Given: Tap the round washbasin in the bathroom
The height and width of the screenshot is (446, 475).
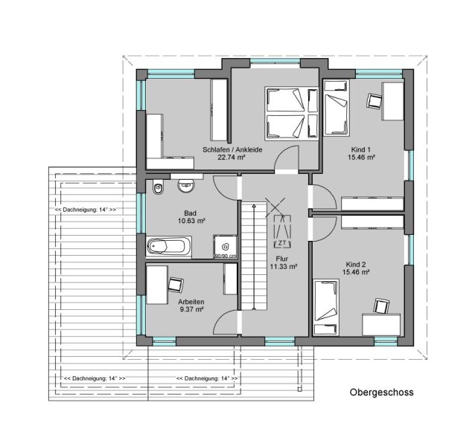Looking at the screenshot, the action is (185, 186).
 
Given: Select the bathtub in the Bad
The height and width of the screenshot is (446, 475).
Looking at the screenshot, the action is (169, 246).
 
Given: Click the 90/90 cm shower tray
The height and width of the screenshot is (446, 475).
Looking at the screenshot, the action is (225, 247).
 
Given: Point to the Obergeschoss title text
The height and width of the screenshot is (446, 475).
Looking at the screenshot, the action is (381, 392).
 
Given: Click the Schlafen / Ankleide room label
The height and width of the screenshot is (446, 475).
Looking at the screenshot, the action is (232, 149).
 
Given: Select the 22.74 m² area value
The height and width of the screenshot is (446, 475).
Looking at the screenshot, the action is (231, 158).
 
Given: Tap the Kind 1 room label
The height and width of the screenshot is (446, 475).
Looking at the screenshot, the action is (361, 149).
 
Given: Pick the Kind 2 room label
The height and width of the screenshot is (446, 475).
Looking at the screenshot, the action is (356, 265).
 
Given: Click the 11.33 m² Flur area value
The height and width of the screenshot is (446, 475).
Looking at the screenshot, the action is (283, 266).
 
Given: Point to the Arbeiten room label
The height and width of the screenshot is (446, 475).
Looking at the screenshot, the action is (191, 302).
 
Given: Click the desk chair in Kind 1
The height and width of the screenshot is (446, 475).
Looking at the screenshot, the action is (374, 100).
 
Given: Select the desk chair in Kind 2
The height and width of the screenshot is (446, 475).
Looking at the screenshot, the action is (382, 306).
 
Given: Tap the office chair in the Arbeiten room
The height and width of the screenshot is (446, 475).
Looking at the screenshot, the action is (176, 285).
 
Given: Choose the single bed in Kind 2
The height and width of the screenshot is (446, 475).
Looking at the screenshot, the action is (326, 307).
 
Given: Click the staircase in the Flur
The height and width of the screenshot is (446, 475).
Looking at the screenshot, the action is (254, 256).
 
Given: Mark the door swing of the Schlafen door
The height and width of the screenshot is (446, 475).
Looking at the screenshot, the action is (287, 158).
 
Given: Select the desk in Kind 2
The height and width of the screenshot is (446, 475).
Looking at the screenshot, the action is (381, 325).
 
